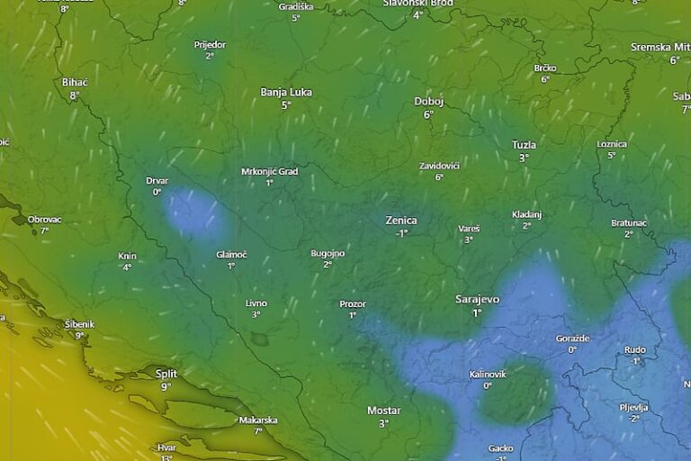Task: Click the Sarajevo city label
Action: point(477,299)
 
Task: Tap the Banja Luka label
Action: point(286,92)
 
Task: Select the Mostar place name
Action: point(383,411)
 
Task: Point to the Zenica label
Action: point(401,220)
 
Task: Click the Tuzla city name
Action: point(524,144)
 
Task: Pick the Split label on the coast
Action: point(166,373)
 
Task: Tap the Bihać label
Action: point(75,82)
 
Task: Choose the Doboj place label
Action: point(428,101)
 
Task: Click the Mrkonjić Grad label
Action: point(269,171)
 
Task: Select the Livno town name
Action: point(256,303)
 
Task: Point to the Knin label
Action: point(127,256)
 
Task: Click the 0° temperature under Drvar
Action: point(157,192)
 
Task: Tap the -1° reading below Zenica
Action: point(401,232)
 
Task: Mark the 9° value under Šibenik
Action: point(79,336)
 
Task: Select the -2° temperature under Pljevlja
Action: point(633,419)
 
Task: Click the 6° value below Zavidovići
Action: point(439,177)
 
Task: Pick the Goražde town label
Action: point(572,338)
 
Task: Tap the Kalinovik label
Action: point(488,374)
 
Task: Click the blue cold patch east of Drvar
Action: point(193,214)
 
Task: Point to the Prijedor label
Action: point(210,44)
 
